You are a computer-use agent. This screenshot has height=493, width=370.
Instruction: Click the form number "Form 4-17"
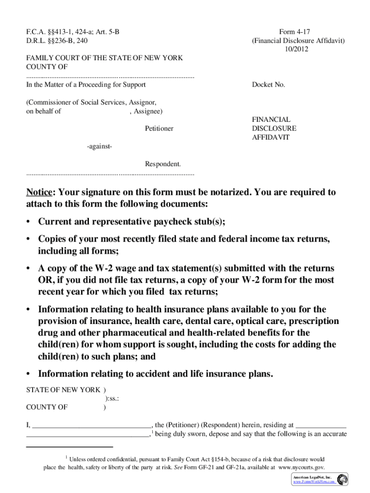point(298,31)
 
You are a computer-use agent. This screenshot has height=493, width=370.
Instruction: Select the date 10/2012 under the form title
point(298,49)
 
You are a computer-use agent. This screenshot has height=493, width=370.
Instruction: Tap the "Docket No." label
point(269,85)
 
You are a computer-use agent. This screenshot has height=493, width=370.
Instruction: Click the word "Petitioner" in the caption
point(159,129)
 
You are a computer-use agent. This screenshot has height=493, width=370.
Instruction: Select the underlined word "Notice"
point(39,193)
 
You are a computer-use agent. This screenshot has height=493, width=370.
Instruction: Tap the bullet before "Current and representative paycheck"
point(29,222)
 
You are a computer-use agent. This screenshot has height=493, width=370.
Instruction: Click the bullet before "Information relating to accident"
point(29,374)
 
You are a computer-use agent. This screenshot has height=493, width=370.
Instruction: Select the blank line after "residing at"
point(321,425)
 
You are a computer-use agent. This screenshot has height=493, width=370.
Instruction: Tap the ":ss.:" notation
point(112,398)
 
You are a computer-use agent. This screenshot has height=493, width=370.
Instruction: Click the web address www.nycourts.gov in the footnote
point(301,467)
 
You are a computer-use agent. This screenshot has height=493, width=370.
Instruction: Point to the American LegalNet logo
point(342,479)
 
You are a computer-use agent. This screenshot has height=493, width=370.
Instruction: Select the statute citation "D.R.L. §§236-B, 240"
point(57,40)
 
